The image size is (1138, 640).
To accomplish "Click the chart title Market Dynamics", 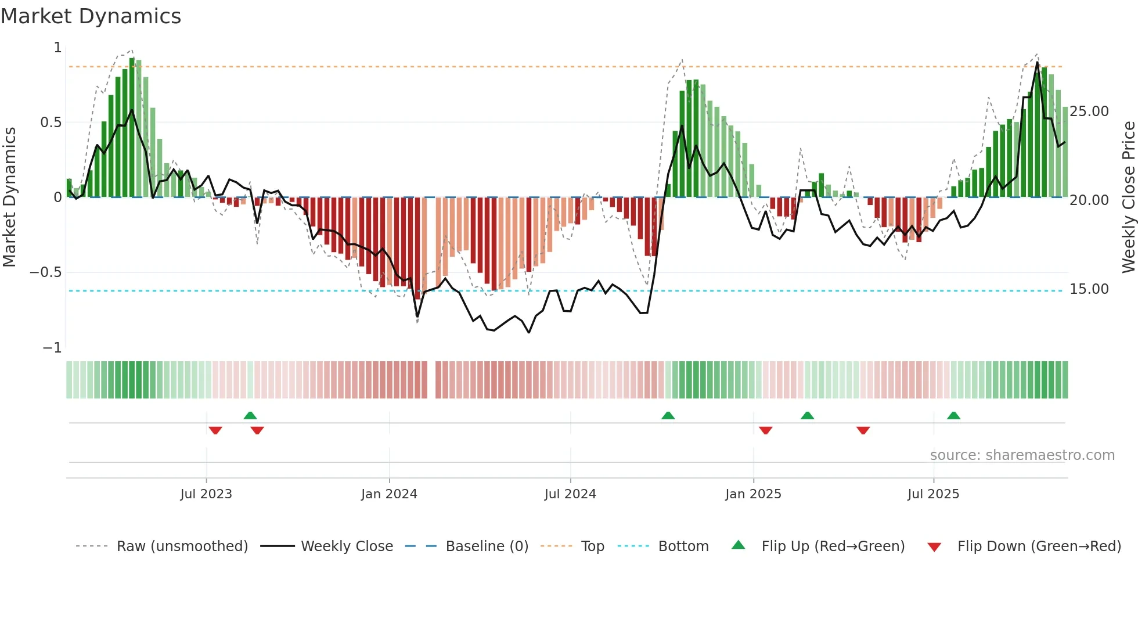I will pos(91,16).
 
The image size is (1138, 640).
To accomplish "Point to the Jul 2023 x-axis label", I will pos(206,494).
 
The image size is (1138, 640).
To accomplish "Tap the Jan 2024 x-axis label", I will pos(389,494).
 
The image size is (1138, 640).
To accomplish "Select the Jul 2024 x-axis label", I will pos(570,494).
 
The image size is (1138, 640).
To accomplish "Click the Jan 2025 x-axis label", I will pos(753,494).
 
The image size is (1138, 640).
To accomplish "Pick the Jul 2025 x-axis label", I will pos(934,494).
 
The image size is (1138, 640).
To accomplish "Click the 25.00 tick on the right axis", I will pos(1089,112).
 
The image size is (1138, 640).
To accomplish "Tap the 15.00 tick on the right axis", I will pos(1089,289).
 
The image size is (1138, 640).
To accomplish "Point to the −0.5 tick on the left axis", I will pos(46,272).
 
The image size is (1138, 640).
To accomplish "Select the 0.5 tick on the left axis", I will pos(51,123).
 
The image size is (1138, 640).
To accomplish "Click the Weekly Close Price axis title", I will pos(1128,197).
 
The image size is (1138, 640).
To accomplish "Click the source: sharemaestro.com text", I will pos(1022,455).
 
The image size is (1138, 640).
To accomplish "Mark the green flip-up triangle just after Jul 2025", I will pos(953,415).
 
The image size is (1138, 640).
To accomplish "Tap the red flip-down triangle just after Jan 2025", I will pos(765,430).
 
